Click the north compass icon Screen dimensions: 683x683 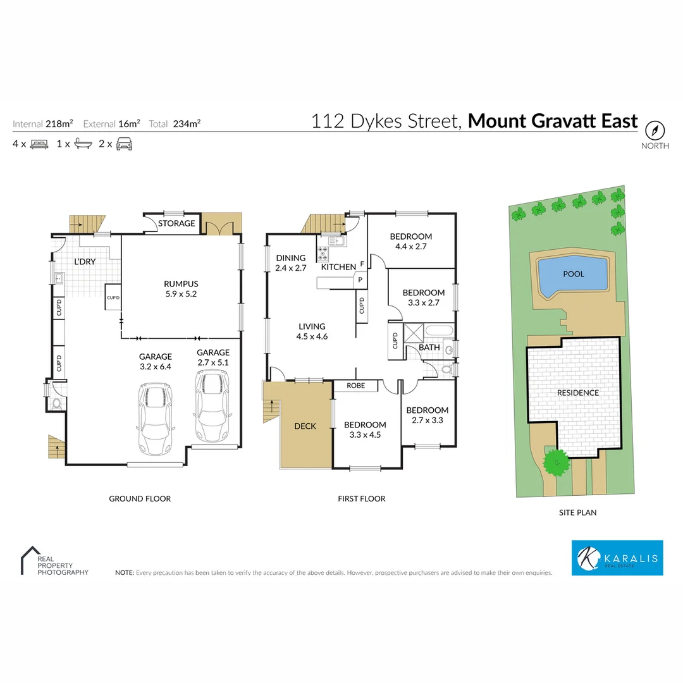point(655,130)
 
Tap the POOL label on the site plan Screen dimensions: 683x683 point(574,274)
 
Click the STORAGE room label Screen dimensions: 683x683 point(176,223)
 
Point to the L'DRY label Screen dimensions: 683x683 point(85,261)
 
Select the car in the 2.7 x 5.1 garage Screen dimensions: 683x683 point(214,405)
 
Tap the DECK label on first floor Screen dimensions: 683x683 point(305,426)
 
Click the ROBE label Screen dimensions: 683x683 point(355,385)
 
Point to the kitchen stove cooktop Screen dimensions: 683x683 point(323,254)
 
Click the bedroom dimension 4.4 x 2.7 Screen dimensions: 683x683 point(411,247)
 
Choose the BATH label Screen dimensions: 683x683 point(429,347)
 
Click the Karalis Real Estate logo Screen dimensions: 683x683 point(617,557)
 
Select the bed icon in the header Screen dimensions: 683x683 point(39,144)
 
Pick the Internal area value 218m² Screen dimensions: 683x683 point(61,124)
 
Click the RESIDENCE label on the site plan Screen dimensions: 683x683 point(577,393)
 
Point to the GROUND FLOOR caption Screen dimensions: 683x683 point(140,498)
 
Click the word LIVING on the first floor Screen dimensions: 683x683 point(312,326)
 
